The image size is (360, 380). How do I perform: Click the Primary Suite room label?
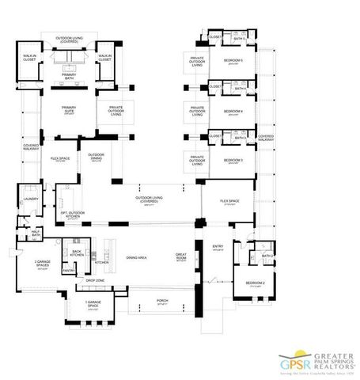click(x=68, y=110)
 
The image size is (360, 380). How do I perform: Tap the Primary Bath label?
click(x=68, y=77)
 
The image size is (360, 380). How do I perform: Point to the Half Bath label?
click(x=36, y=234)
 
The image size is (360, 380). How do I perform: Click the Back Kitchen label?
click(x=76, y=253)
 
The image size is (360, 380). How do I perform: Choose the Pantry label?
click(x=69, y=271)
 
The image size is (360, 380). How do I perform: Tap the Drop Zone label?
click(x=95, y=281)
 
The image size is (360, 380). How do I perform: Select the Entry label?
click(x=218, y=246)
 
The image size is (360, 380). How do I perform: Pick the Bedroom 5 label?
click(x=233, y=60)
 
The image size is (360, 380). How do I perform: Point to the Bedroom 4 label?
click(x=233, y=111)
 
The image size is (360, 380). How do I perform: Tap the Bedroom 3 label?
click(x=233, y=161)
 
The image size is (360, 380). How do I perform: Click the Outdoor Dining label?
click(x=97, y=155)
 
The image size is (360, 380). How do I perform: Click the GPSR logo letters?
click(x=294, y=365)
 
